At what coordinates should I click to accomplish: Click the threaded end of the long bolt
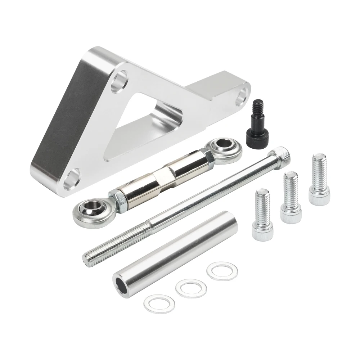pyautogui.click(x=108, y=248)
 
